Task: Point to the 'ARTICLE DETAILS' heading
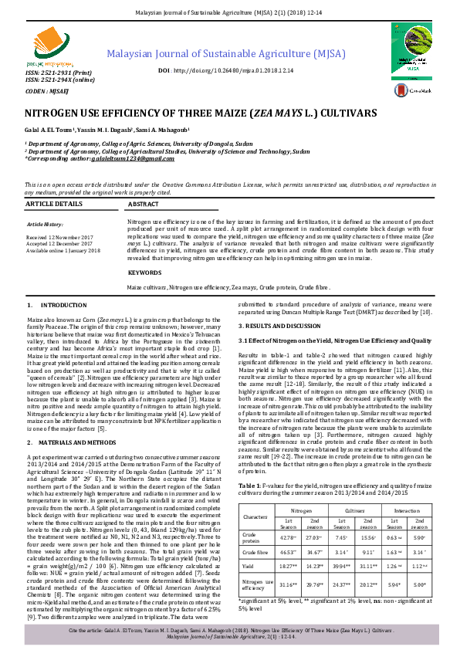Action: click(x=54, y=203)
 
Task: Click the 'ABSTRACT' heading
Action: click(x=143, y=203)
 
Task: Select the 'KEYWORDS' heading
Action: click(x=145, y=273)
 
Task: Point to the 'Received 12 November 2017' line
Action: click(x=59, y=237)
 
